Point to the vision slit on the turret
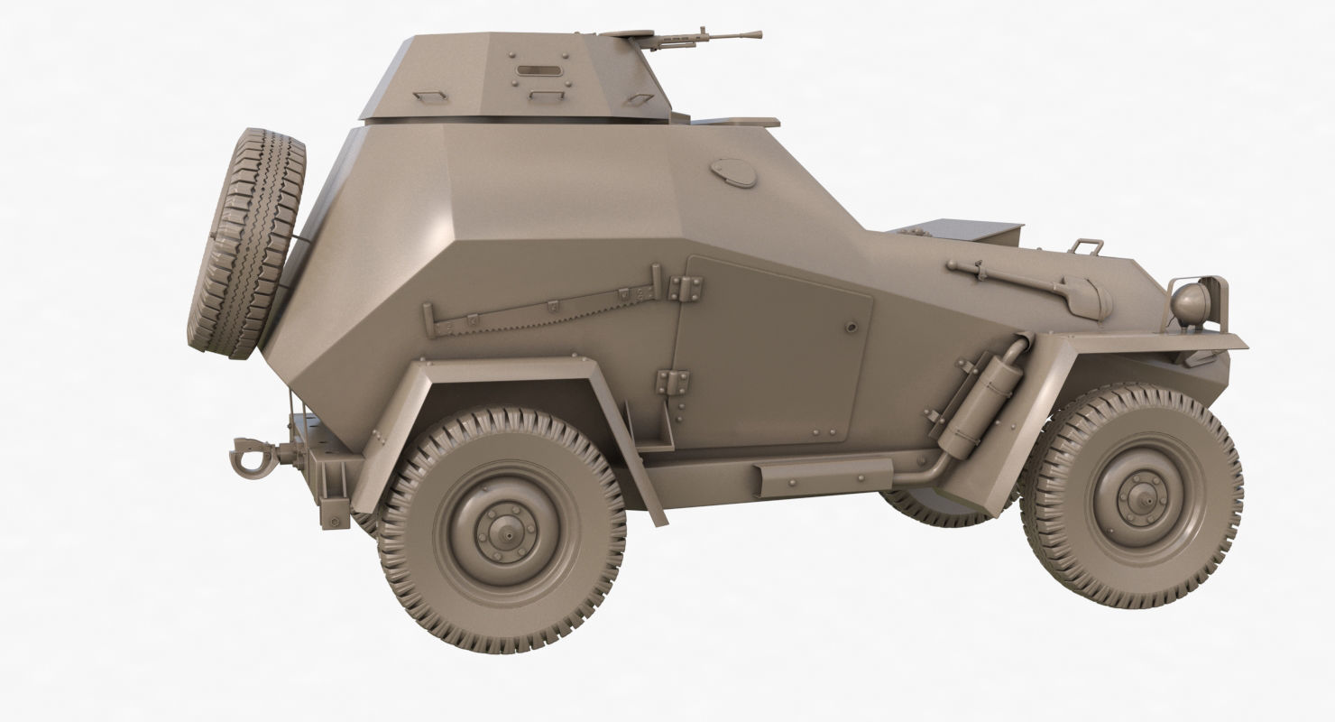(x=536, y=69)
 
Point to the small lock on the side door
(x=850, y=326)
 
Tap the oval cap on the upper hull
(x=734, y=172)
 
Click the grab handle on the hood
(x=1086, y=245)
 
